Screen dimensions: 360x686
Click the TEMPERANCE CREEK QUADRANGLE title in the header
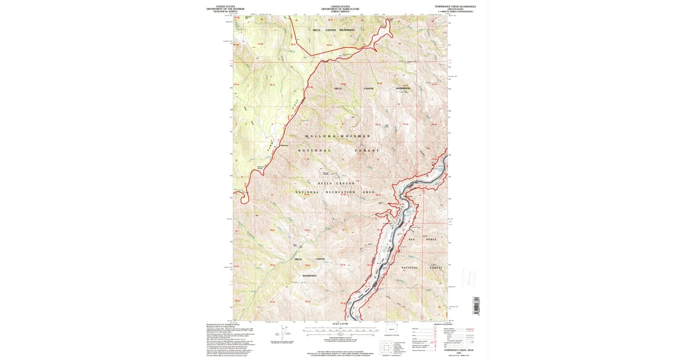click(455, 6)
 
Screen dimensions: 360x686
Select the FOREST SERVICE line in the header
click(341, 11)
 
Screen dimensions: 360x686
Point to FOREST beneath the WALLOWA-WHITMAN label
click(366, 150)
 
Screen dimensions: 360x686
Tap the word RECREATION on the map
click(341, 192)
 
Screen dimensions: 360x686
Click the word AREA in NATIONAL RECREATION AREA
click(369, 192)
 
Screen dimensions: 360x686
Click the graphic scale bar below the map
click(341, 331)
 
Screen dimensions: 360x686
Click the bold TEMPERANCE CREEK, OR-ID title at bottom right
click(455, 349)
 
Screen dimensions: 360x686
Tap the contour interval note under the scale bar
click(341, 339)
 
